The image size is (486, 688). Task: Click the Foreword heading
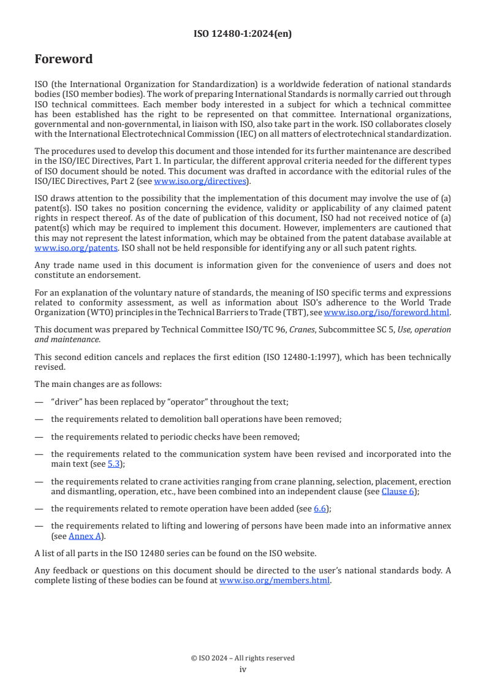[x=64, y=59]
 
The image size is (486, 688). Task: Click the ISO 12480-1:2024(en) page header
[x=243, y=34]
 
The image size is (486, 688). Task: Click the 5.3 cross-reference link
[x=114, y=465]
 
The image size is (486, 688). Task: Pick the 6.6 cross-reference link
[x=319, y=508]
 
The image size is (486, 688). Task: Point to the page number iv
[x=243, y=670]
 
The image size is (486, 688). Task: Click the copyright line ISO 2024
[x=243, y=658]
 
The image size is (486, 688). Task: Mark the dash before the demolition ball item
[x=39, y=419]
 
